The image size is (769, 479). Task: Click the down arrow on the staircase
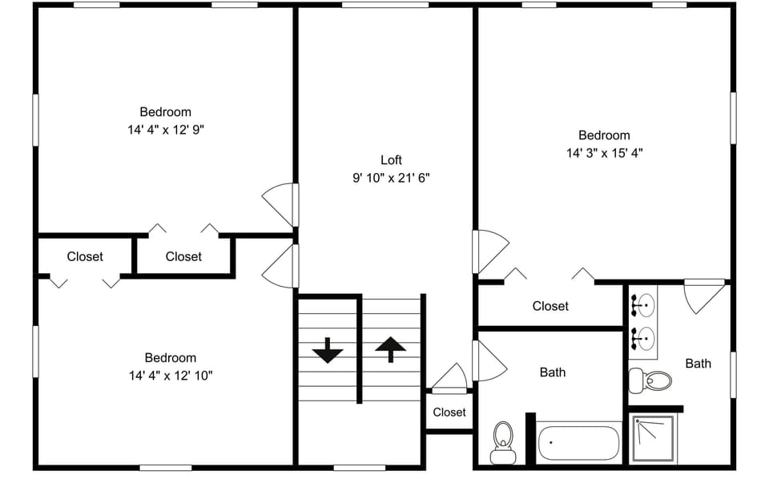tap(328, 351)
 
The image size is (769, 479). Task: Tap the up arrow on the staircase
tap(390, 348)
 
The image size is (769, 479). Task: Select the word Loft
tap(391, 160)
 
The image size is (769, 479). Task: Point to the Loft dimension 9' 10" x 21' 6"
tap(391, 178)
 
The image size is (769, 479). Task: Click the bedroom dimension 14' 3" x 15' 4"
tap(604, 152)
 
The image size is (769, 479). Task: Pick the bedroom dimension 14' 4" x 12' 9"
tap(166, 129)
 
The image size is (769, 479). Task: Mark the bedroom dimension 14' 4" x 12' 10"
tap(170, 375)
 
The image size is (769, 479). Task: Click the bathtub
tap(578, 442)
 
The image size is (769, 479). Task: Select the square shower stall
tap(653, 438)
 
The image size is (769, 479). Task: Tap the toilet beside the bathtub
tap(503, 441)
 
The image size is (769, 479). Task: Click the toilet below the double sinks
tap(650, 380)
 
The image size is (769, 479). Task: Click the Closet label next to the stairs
tap(449, 413)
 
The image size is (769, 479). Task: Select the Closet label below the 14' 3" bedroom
tap(550, 306)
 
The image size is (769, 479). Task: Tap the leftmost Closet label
tap(85, 256)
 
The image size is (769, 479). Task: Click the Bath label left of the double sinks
tap(552, 372)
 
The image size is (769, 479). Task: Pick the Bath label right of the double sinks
tap(698, 364)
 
